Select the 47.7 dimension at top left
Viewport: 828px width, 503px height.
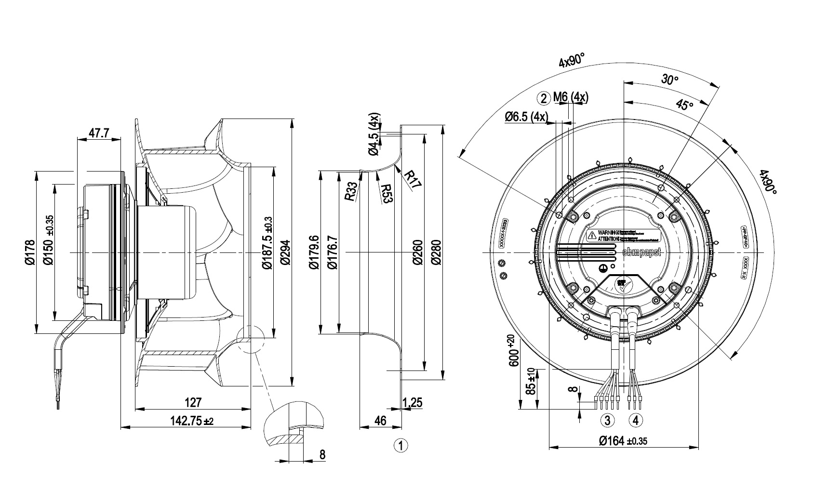tap(99, 133)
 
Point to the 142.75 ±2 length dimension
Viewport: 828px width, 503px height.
tap(191, 421)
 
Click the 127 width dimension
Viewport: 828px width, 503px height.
tap(193, 402)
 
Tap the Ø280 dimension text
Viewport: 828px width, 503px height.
tap(436, 252)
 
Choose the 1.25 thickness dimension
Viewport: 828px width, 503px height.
tap(413, 402)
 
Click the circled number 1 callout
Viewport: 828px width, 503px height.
tap(401, 445)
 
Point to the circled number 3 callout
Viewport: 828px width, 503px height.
tap(607, 420)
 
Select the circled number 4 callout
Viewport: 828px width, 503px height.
tap(636, 420)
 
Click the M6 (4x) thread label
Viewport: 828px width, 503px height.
tap(571, 98)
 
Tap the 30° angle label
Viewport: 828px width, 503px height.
tap(670, 80)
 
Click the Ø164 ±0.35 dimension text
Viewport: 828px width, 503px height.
tap(623, 440)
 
